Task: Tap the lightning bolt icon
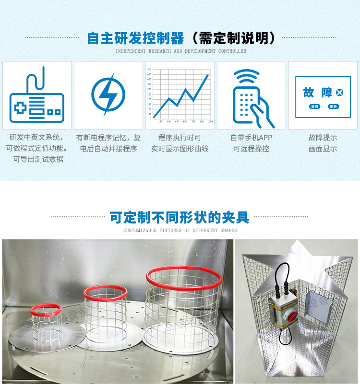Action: coord(108,94)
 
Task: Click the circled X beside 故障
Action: coord(339,92)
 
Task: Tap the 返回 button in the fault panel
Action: coord(314,106)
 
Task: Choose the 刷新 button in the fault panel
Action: coord(333,106)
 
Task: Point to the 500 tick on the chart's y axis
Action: coord(150,70)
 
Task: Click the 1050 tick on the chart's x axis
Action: coord(210,121)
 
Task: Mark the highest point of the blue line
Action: coord(208,75)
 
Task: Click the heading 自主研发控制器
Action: coord(135,38)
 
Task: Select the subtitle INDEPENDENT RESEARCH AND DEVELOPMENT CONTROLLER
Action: coord(180,51)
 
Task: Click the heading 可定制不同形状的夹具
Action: coord(180,218)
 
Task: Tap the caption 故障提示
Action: coord(323,138)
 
